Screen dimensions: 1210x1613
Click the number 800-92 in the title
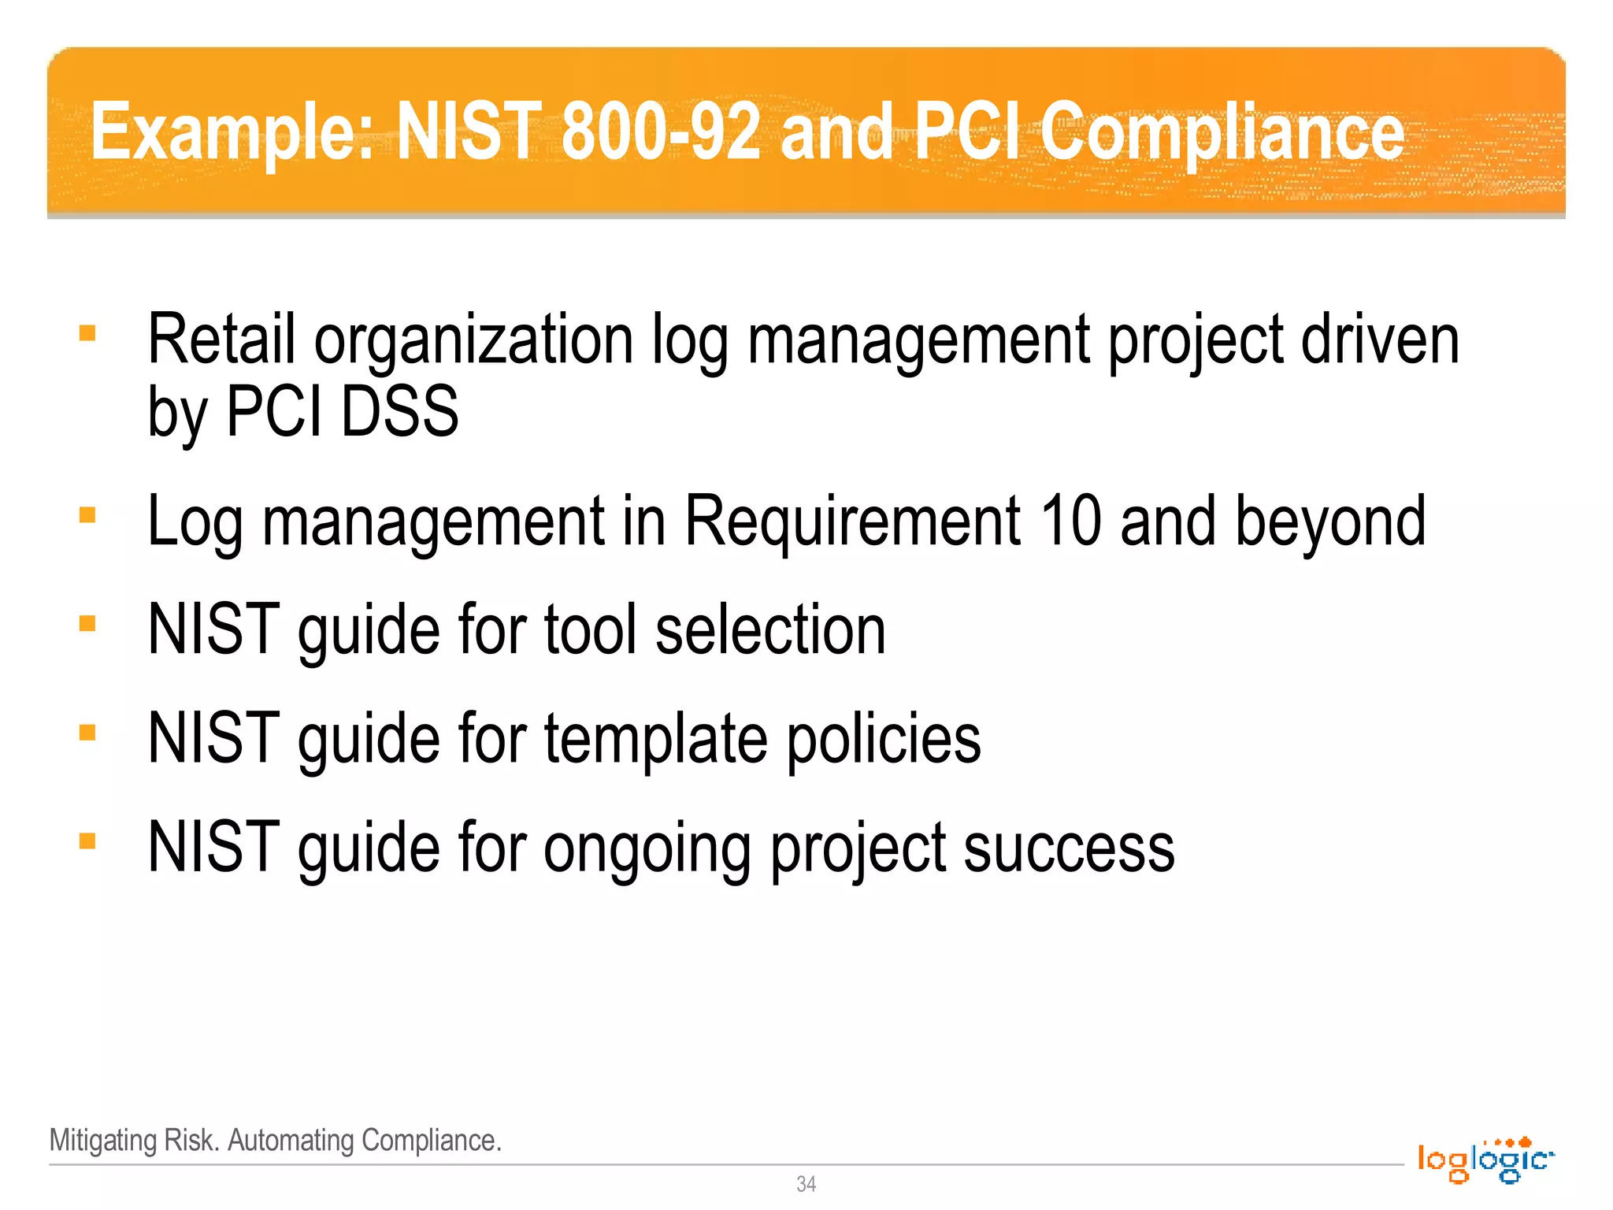click(x=661, y=131)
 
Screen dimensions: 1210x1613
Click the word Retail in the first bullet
click(x=221, y=340)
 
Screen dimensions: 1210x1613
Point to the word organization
click(x=474, y=341)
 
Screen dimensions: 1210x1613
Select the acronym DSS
click(x=399, y=411)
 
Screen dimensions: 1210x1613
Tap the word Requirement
click(x=853, y=521)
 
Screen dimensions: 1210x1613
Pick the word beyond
click(x=1330, y=522)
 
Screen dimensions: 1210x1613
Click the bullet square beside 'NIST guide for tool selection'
click(x=87, y=624)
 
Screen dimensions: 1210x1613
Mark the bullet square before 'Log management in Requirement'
click(x=87, y=515)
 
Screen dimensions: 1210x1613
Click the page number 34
click(x=806, y=1184)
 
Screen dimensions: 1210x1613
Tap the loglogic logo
click(x=1485, y=1160)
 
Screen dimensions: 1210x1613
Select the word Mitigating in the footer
click(x=103, y=1140)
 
